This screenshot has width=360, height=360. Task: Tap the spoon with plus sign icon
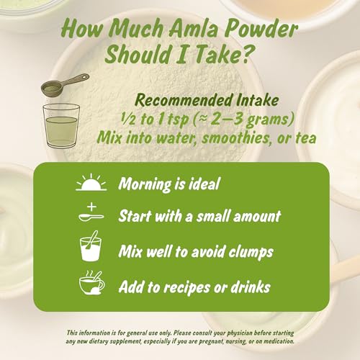point(91,215)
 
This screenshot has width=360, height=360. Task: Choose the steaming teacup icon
point(91,285)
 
